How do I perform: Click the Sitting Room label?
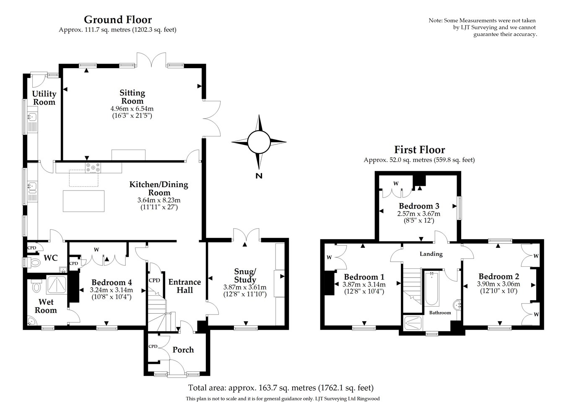tap(132, 97)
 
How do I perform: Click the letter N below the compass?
tap(259, 176)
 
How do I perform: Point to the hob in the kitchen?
tap(93, 167)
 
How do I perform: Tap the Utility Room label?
tap(44, 98)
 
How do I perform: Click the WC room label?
tap(51, 257)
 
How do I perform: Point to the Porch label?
tap(183, 350)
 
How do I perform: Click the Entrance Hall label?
tap(184, 286)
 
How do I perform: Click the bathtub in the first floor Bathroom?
tap(431, 289)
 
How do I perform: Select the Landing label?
tap(431, 254)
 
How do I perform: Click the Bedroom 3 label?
tap(419, 206)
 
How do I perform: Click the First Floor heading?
tap(419, 149)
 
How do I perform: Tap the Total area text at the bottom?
tap(280, 388)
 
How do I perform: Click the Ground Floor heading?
tap(118, 19)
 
